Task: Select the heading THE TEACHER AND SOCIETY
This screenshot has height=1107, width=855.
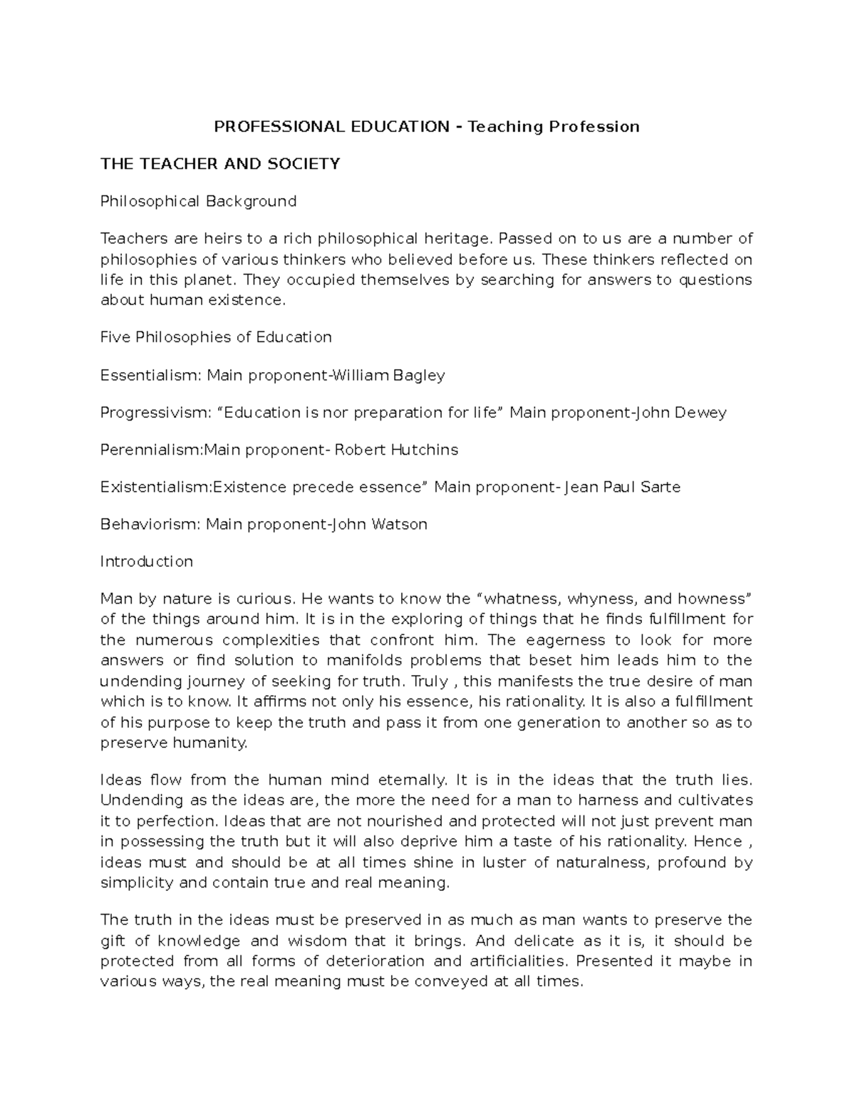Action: pos(220,164)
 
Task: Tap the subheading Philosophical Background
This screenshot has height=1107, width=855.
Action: pos(198,201)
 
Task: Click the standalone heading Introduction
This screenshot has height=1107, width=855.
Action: pos(147,561)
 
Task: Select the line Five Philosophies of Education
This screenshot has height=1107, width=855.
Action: pos(216,337)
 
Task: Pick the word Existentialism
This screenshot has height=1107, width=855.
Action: pos(155,487)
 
